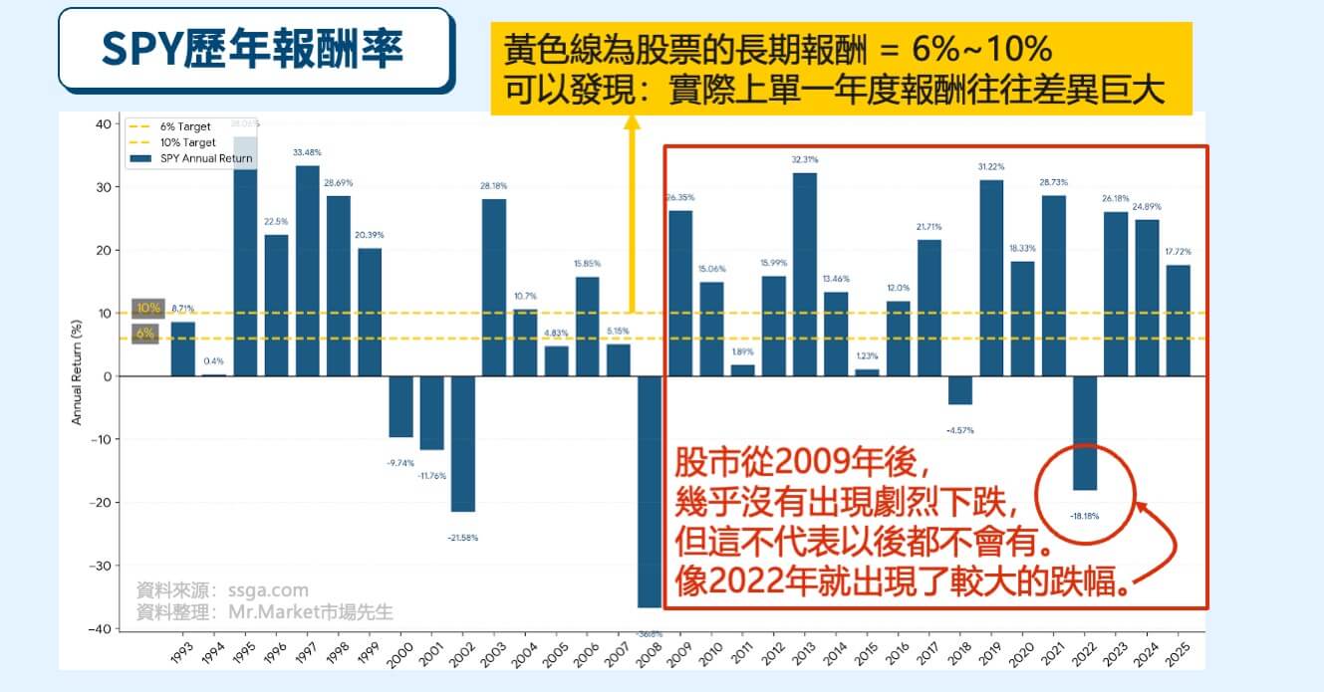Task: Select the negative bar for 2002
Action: [462, 444]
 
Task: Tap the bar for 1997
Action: [308, 271]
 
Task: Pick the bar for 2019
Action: [991, 278]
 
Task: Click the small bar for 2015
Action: [868, 372]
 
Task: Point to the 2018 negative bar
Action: [959, 390]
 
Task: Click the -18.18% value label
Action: [1084, 517]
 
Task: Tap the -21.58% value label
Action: [462, 538]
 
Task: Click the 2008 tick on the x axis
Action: [650, 658]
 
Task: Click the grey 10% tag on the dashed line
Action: [147, 308]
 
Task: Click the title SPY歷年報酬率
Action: [253, 49]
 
